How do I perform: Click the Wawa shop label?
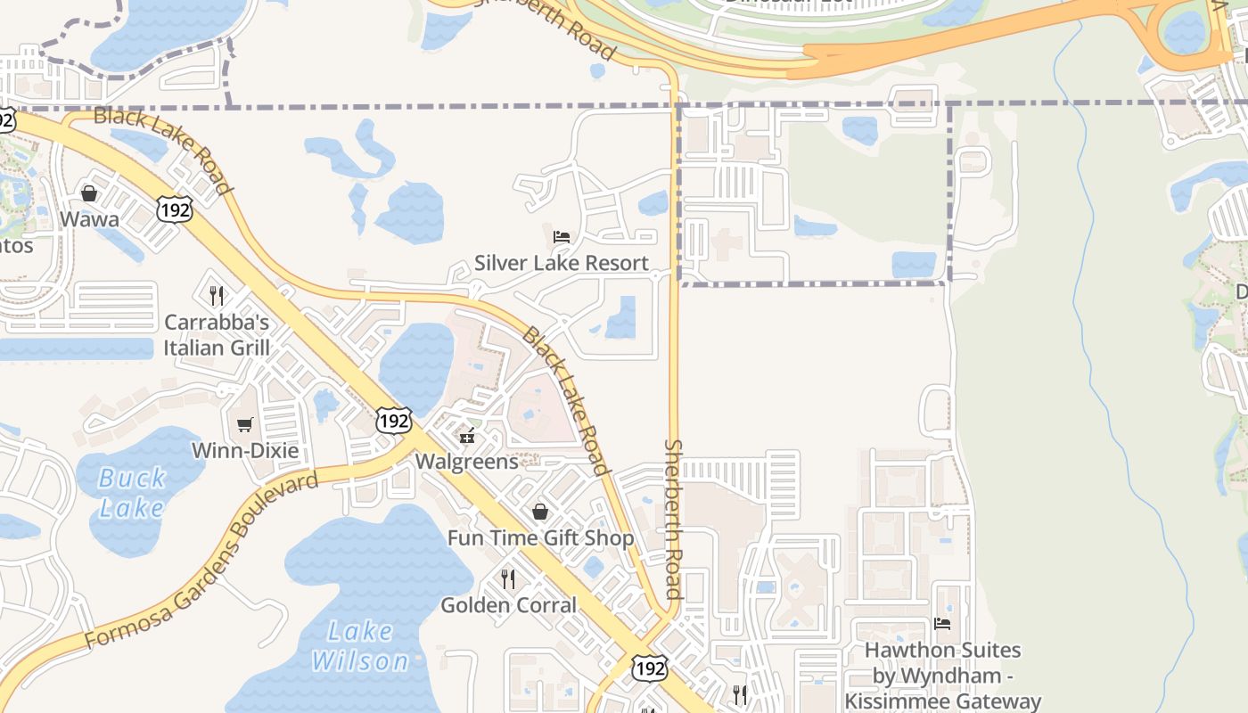pos(89,219)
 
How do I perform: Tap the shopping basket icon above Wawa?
pos(89,193)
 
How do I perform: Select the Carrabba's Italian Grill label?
pos(217,334)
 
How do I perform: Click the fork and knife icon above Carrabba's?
pos(217,295)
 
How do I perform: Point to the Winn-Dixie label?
pos(245,450)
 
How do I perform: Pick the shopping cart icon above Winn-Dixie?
pos(245,424)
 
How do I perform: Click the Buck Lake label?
pos(132,493)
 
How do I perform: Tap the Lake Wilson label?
pos(359,646)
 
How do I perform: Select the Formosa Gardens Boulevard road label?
pos(201,561)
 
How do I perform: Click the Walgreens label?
pos(466,462)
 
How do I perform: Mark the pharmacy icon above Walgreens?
pos(466,436)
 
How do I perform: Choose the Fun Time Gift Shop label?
pos(540,538)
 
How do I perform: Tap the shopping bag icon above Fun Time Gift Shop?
pos(540,512)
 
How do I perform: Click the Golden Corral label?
pos(509,605)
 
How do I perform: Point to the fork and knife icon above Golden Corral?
pos(508,579)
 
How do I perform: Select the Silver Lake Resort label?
pos(562,263)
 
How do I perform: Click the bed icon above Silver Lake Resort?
pos(562,237)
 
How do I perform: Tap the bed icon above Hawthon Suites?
pos(942,624)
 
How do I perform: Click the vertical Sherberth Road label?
pos(673,519)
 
